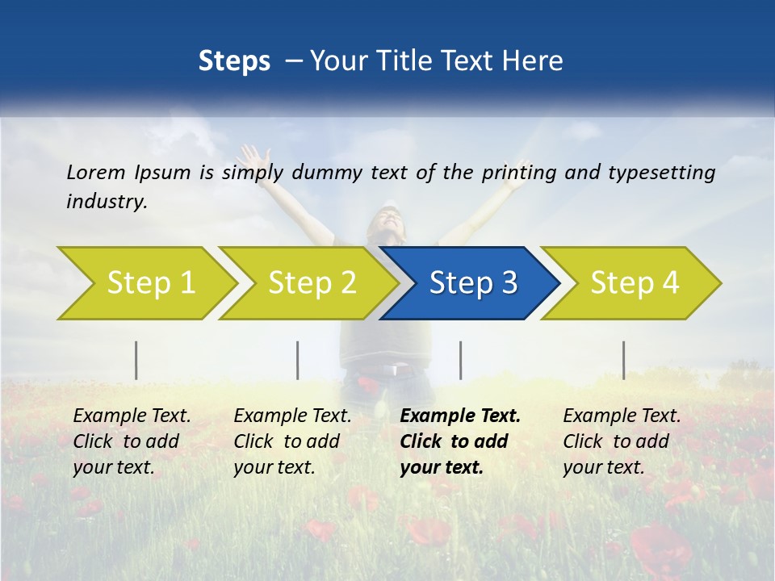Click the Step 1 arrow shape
(150, 283)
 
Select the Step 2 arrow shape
(312, 283)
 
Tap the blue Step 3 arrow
(472, 283)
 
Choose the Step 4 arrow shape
(634, 283)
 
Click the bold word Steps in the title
(234, 61)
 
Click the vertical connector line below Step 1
(136, 360)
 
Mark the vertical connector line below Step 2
(298, 360)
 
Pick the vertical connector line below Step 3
(460, 360)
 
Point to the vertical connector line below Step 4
(623, 360)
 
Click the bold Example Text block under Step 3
(460, 441)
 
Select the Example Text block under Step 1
(132, 441)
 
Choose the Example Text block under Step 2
(292, 441)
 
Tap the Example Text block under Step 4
(622, 441)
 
